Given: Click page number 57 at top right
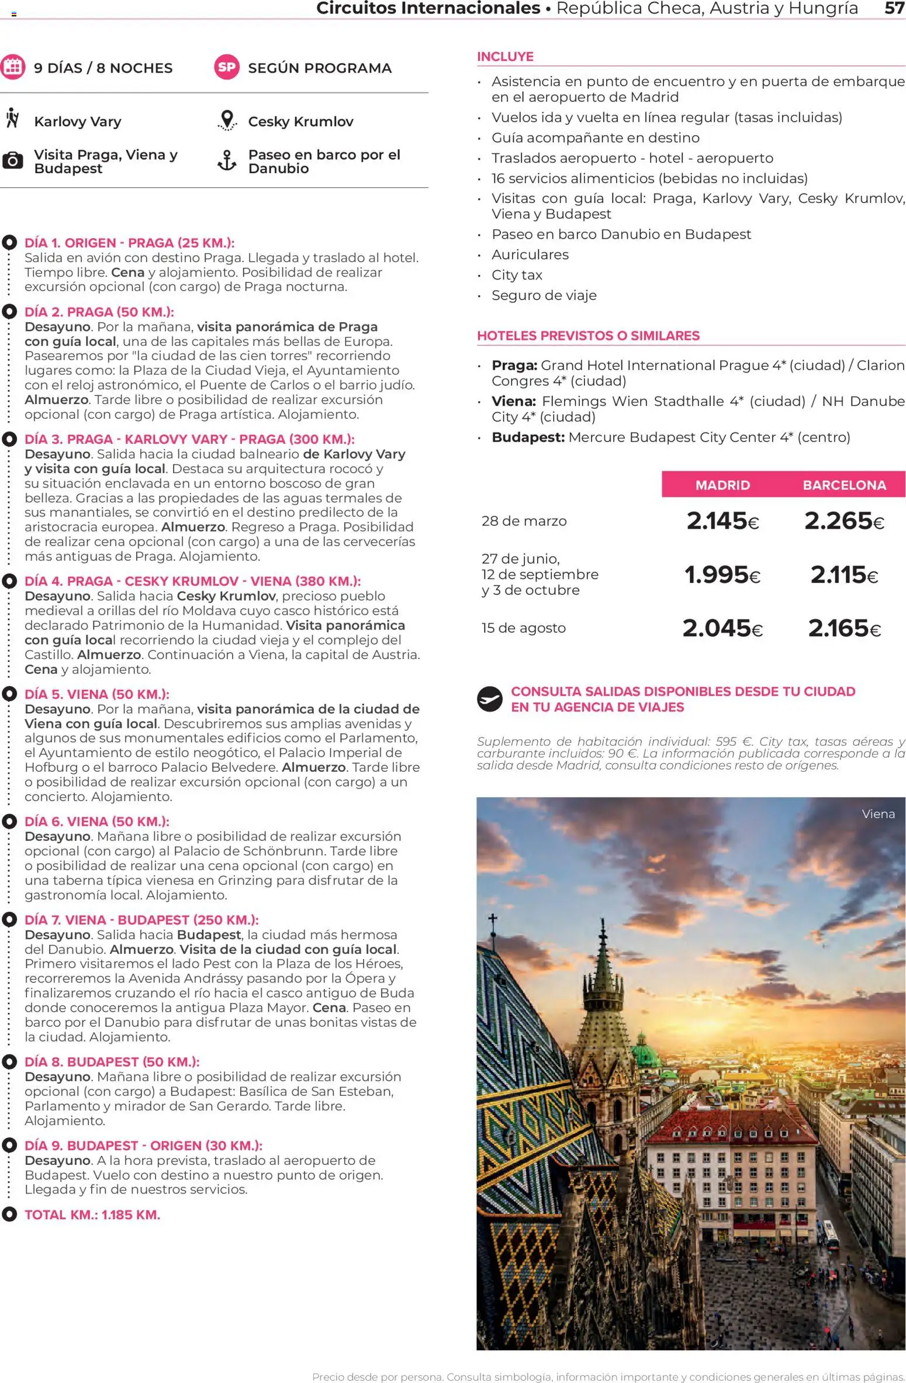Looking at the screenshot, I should (x=894, y=8).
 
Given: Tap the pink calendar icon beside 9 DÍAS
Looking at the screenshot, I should (x=12, y=67).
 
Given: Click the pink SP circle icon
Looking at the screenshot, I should (x=227, y=67).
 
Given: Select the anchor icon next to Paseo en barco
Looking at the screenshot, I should (x=227, y=161).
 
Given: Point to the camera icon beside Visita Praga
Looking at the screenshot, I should (x=12, y=161).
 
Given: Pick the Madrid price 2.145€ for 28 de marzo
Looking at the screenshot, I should (x=722, y=520).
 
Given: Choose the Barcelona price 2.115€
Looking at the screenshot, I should (x=843, y=575).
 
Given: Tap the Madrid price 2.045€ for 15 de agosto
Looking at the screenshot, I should (x=722, y=628).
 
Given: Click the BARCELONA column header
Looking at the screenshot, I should (x=844, y=485).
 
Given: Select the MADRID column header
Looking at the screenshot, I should (x=722, y=485).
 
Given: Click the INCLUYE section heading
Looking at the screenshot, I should (x=505, y=57).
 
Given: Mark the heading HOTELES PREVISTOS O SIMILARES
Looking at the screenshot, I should (x=588, y=336).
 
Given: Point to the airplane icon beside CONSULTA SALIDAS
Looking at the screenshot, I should (x=489, y=698).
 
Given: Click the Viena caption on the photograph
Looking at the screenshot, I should (x=878, y=813).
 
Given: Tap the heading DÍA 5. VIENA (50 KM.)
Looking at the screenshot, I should (x=97, y=694).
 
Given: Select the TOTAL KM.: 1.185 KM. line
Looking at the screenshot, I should (x=92, y=1215).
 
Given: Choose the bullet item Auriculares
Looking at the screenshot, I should (x=530, y=254).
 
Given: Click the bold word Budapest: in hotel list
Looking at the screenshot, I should (x=528, y=437).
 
